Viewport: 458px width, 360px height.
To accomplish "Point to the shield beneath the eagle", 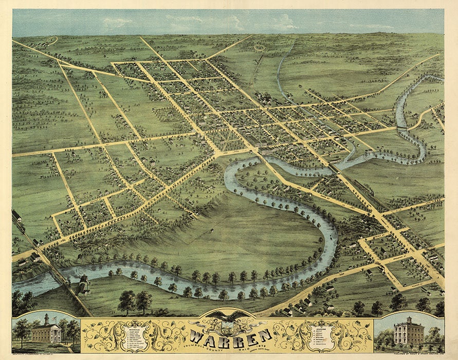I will point(229,326).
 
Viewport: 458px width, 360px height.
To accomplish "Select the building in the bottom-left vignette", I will point(47,332).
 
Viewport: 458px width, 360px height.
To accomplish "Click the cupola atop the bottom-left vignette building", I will point(47,318).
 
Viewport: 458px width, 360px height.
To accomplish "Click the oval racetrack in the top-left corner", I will point(51,40).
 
